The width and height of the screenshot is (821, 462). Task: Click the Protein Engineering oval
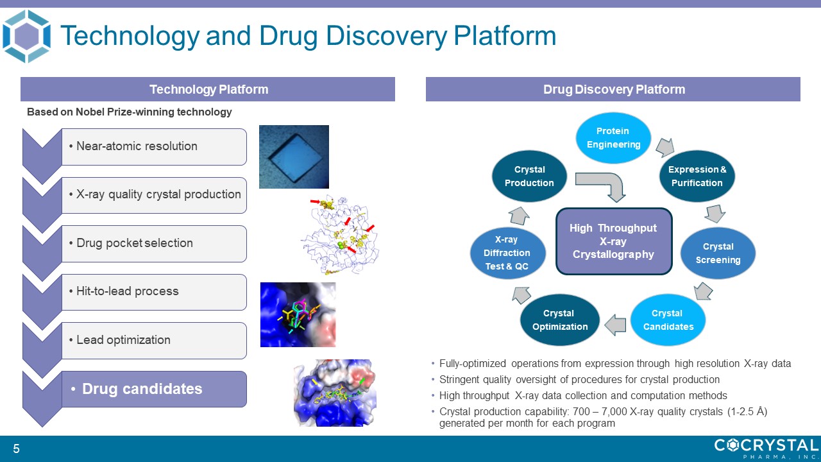613,137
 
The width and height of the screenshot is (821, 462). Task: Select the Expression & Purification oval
697,176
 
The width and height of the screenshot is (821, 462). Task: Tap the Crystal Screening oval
718,253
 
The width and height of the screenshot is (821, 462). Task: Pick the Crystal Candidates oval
668,320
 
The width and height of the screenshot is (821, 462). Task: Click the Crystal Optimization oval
560,320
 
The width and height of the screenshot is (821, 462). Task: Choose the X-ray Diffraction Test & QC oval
507,253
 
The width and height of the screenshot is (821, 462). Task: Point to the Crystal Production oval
529,176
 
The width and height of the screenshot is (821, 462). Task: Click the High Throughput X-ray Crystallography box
614,241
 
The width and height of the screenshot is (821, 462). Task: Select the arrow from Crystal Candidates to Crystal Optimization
615,325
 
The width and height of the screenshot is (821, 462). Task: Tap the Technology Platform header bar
208,89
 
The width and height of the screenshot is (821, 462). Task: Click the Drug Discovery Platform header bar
613,89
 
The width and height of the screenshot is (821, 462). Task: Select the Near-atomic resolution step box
154,147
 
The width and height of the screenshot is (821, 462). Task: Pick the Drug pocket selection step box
154,243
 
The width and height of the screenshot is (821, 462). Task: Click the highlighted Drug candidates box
154,389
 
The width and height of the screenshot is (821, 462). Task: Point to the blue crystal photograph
294,157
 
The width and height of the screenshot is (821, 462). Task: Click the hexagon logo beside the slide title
26,37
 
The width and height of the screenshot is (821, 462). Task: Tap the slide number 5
16,449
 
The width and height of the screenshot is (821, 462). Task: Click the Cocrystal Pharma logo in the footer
766,449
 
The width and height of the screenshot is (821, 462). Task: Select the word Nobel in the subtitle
89,112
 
